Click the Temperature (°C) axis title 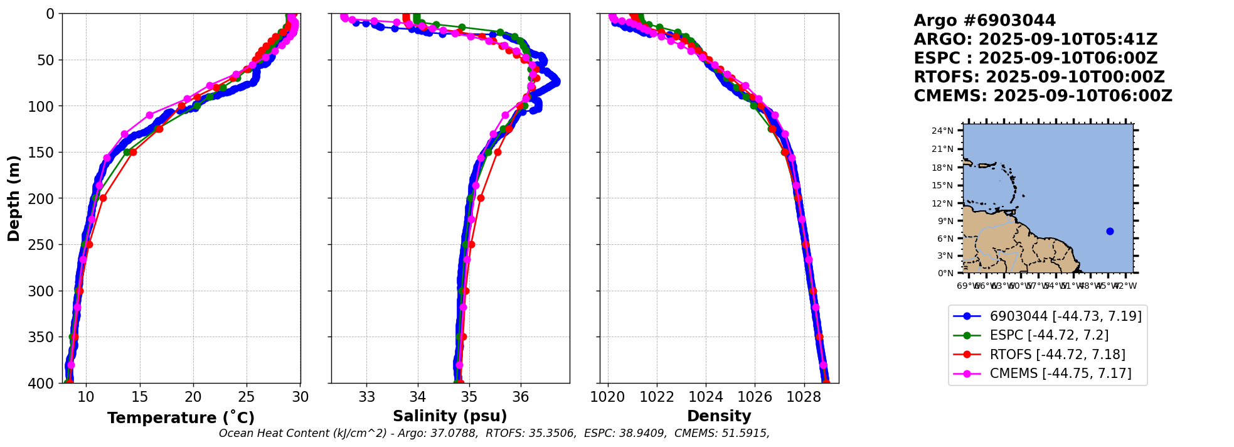[181, 417]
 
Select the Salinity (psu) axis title [450, 416]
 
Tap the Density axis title [719, 416]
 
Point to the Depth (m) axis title [14, 198]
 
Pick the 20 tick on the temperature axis [193, 397]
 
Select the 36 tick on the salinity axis [521, 397]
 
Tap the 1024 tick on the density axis [706, 397]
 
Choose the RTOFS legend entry [1057, 354]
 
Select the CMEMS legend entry [1060, 374]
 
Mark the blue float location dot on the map [1110, 232]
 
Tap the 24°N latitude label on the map [942, 131]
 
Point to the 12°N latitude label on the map [942, 203]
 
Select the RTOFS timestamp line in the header [1039, 77]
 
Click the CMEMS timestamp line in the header [1043, 96]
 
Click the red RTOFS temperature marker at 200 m [103, 198]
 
